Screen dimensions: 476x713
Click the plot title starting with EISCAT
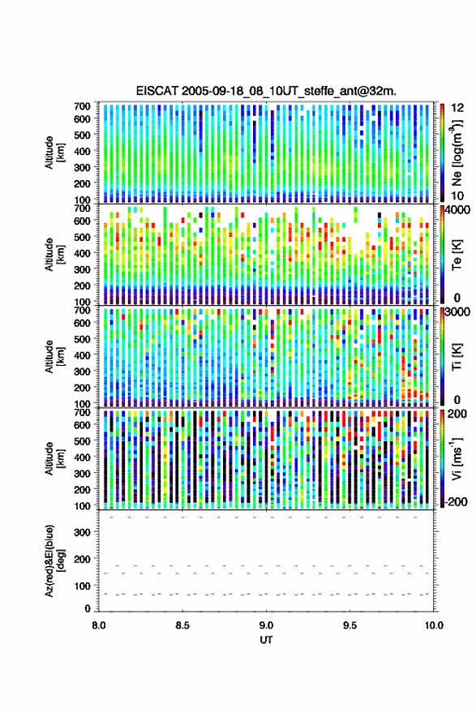266,91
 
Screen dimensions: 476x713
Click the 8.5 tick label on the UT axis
182,625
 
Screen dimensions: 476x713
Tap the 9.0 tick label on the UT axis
267,625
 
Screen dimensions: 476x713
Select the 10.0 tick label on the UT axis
434,625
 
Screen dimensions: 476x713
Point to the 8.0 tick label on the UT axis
99,625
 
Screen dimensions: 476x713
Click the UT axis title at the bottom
266,640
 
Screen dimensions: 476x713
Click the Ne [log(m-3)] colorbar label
457,152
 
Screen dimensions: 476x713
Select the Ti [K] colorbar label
457,356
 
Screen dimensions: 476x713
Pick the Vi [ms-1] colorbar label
457,458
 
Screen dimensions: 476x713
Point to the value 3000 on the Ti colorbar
457,312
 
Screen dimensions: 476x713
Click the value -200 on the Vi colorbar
455,501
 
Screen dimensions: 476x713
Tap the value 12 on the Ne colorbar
458,108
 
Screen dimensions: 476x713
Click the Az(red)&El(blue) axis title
54,561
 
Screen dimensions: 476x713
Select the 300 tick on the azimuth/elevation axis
82,532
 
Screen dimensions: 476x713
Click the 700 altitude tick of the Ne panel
82,106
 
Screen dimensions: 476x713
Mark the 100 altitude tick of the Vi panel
82,505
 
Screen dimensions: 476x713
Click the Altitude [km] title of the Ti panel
54,357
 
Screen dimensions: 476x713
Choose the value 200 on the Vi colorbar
457,414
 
